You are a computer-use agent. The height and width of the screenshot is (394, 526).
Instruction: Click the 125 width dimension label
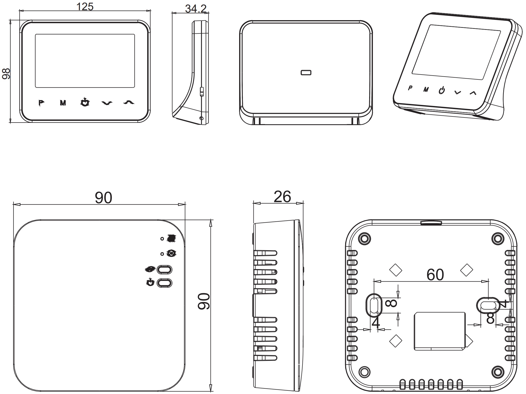(x=85, y=7)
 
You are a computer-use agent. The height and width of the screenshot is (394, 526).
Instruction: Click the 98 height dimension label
(x=6, y=74)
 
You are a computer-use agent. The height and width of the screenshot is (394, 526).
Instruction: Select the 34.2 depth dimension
(x=195, y=9)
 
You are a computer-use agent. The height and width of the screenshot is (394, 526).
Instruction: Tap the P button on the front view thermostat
(x=41, y=103)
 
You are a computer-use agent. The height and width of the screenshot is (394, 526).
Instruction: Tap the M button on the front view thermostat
(x=63, y=103)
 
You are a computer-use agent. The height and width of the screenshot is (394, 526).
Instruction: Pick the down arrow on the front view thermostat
(x=107, y=103)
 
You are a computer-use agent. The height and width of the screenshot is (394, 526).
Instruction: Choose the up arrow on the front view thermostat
(x=129, y=102)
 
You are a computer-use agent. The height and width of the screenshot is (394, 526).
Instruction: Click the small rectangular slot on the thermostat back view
(x=306, y=73)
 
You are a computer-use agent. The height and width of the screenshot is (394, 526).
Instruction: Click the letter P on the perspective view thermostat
(x=410, y=88)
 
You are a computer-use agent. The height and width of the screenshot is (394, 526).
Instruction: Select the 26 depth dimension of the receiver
(x=282, y=197)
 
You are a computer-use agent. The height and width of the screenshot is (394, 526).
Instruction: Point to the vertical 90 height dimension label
(x=204, y=301)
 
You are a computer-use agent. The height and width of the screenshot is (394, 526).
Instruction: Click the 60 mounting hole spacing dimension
(x=435, y=275)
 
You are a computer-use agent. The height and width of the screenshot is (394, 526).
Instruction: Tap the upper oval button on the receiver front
(x=164, y=269)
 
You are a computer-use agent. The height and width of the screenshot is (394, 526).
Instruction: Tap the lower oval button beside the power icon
(x=164, y=283)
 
